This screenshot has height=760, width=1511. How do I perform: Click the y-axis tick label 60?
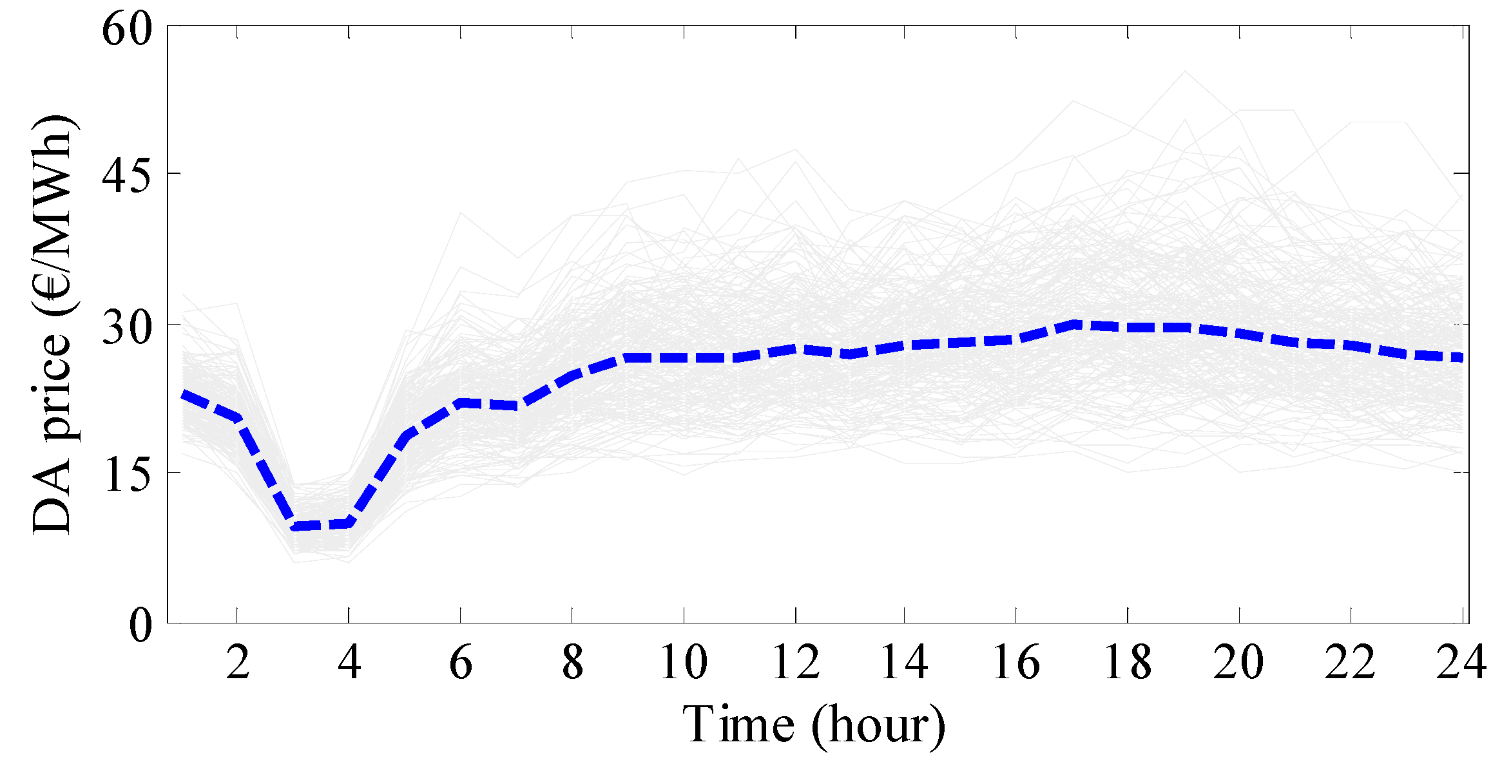(127, 29)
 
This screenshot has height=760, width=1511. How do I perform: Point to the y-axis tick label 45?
(127, 175)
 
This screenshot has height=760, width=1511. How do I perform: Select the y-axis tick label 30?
(127, 327)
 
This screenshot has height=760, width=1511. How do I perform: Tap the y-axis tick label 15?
(127, 475)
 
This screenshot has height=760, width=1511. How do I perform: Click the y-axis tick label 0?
(140, 624)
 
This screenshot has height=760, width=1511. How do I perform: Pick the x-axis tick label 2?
(238, 662)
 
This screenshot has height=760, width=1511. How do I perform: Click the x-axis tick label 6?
(461, 662)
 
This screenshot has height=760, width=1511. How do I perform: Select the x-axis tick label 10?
(684, 662)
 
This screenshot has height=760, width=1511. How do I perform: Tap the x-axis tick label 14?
(904, 662)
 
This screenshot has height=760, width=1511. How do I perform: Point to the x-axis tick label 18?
(1128, 662)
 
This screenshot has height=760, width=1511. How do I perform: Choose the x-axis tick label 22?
(1350, 662)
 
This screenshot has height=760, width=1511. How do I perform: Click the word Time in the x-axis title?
(738, 725)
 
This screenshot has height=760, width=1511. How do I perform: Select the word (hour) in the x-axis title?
(878, 726)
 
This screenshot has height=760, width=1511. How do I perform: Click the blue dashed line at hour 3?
(294, 526)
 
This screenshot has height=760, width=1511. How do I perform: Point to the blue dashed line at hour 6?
(461, 403)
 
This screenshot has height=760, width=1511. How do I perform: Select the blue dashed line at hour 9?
(628, 357)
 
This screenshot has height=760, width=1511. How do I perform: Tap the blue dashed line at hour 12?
(795, 349)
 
